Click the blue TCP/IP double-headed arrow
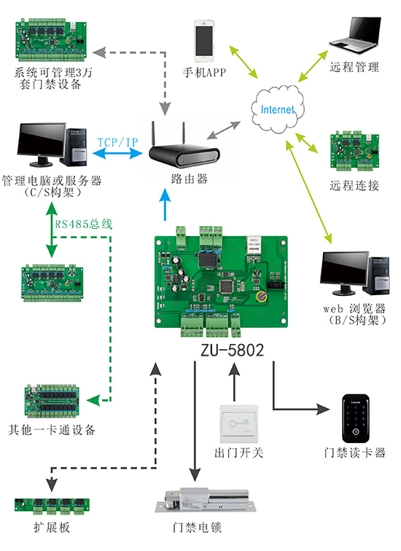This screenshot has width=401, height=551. (117, 154)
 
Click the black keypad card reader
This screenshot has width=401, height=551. (355, 417)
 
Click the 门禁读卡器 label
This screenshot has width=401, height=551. (355, 452)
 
